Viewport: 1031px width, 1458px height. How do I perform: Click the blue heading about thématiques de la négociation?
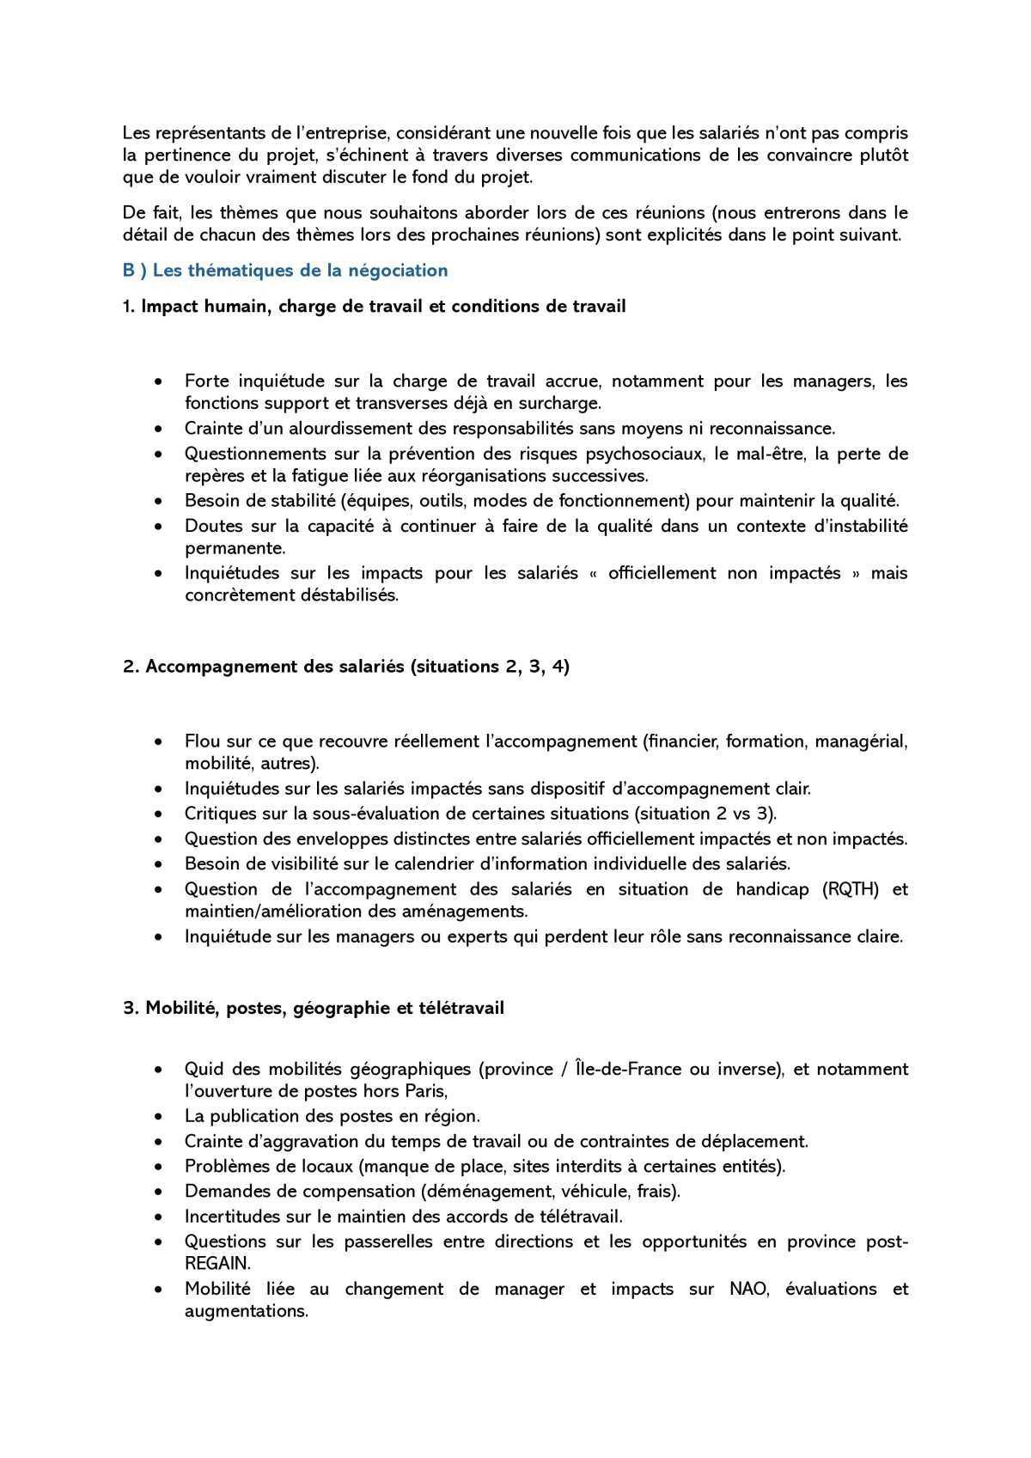285,271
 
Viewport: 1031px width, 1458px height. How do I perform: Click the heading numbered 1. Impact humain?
375,306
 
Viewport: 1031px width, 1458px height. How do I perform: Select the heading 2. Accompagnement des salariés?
346,667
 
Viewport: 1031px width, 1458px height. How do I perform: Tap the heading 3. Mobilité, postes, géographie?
314,1008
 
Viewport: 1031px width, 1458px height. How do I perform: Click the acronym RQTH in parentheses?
851,889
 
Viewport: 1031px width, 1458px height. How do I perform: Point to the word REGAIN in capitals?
217,1263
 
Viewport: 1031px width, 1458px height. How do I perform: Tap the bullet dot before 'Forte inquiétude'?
158,381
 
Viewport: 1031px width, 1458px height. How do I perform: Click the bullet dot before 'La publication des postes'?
158,1117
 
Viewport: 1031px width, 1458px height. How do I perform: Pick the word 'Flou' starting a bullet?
202,741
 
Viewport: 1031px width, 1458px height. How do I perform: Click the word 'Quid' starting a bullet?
203,1070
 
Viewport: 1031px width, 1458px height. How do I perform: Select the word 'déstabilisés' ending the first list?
348,595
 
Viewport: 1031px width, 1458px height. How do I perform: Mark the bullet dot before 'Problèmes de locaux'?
158,1167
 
